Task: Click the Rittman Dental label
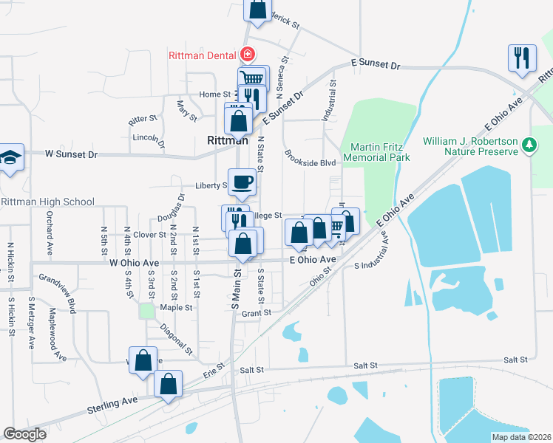(200, 55)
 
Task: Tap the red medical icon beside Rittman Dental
(247, 55)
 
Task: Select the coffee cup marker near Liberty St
(243, 181)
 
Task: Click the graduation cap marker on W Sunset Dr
(10, 157)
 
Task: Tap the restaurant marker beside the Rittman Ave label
(523, 58)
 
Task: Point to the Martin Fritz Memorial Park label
(379, 152)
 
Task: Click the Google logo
(25, 433)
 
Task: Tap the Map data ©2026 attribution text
(521, 437)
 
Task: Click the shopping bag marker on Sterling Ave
(169, 385)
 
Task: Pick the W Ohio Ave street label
(134, 263)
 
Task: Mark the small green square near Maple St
(147, 311)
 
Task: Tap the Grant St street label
(257, 313)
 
